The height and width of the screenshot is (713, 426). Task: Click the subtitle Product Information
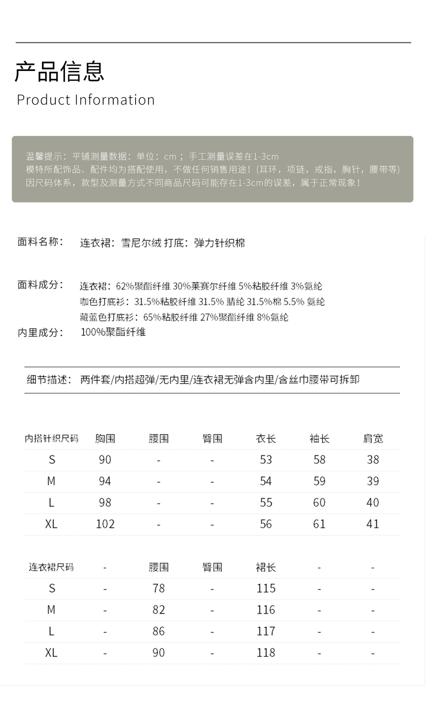click(86, 100)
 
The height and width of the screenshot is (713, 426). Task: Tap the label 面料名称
click(40, 242)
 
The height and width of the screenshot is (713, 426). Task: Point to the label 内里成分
click(40, 332)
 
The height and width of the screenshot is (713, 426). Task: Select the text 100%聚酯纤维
click(113, 332)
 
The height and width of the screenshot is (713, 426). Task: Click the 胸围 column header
click(105, 439)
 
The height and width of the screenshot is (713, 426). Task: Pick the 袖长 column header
click(319, 439)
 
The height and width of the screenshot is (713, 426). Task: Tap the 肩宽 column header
click(373, 439)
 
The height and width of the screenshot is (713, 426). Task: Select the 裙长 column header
click(266, 567)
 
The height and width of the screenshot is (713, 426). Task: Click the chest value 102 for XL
click(105, 524)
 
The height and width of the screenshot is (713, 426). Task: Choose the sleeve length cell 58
click(319, 460)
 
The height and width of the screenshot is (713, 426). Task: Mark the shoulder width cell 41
click(373, 524)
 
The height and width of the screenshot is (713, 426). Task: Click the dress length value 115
click(266, 588)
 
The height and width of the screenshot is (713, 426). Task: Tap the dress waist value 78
click(158, 588)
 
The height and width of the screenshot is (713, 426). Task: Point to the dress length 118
click(266, 652)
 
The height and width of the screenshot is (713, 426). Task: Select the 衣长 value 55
click(266, 502)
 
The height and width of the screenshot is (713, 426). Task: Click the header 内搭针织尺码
click(52, 439)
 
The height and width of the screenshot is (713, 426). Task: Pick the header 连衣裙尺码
click(51, 567)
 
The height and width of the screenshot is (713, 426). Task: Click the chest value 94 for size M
click(105, 481)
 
